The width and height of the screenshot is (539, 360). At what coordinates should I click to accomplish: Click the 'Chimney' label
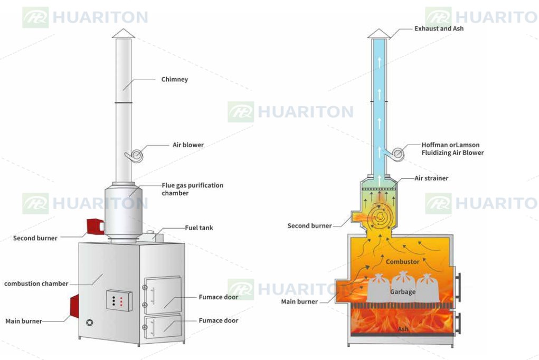[175, 79]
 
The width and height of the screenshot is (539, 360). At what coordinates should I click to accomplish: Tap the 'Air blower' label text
[188, 145]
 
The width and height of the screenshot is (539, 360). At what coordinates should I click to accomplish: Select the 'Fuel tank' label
[199, 228]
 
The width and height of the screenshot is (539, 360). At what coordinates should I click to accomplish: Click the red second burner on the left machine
[95, 226]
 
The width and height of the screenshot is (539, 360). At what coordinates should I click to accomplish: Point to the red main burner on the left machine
[74, 306]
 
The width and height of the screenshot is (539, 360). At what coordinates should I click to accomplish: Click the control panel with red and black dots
[119, 300]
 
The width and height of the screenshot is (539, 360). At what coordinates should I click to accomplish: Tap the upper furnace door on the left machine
[163, 296]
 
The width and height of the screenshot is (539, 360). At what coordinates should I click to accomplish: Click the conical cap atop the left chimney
[124, 33]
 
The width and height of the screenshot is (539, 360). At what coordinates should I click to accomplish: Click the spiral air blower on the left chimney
[135, 156]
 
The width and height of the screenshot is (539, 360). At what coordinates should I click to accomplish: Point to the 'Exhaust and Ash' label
[439, 29]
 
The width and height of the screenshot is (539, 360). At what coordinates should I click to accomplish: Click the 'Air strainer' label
[431, 178]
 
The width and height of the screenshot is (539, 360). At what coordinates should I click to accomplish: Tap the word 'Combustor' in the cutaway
[402, 262]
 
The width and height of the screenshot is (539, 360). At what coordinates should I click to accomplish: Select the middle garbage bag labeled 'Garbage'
[402, 288]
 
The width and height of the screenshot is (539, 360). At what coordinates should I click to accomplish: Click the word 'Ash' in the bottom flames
[403, 329]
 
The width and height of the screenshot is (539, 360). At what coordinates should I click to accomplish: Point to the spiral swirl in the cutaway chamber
[380, 216]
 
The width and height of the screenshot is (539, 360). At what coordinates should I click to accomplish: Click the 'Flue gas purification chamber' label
[193, 189]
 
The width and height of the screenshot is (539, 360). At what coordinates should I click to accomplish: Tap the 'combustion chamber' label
[36, 283]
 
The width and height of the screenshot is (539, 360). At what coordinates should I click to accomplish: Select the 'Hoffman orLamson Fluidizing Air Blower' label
[452, 149]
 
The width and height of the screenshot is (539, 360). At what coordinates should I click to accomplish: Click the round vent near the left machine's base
[89, 323]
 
